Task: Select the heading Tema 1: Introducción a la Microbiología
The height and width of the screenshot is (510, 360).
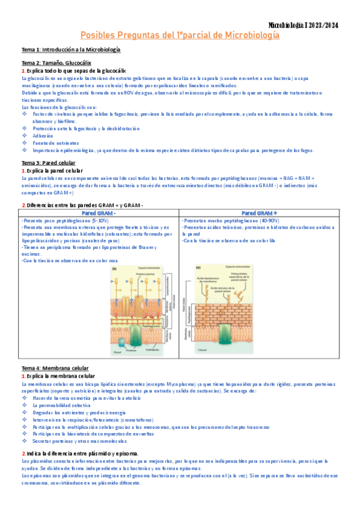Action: pyautogui.click(x=71, y=49)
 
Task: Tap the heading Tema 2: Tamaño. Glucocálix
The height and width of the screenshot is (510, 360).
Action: pyautogui.click(x=56, y=63)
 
